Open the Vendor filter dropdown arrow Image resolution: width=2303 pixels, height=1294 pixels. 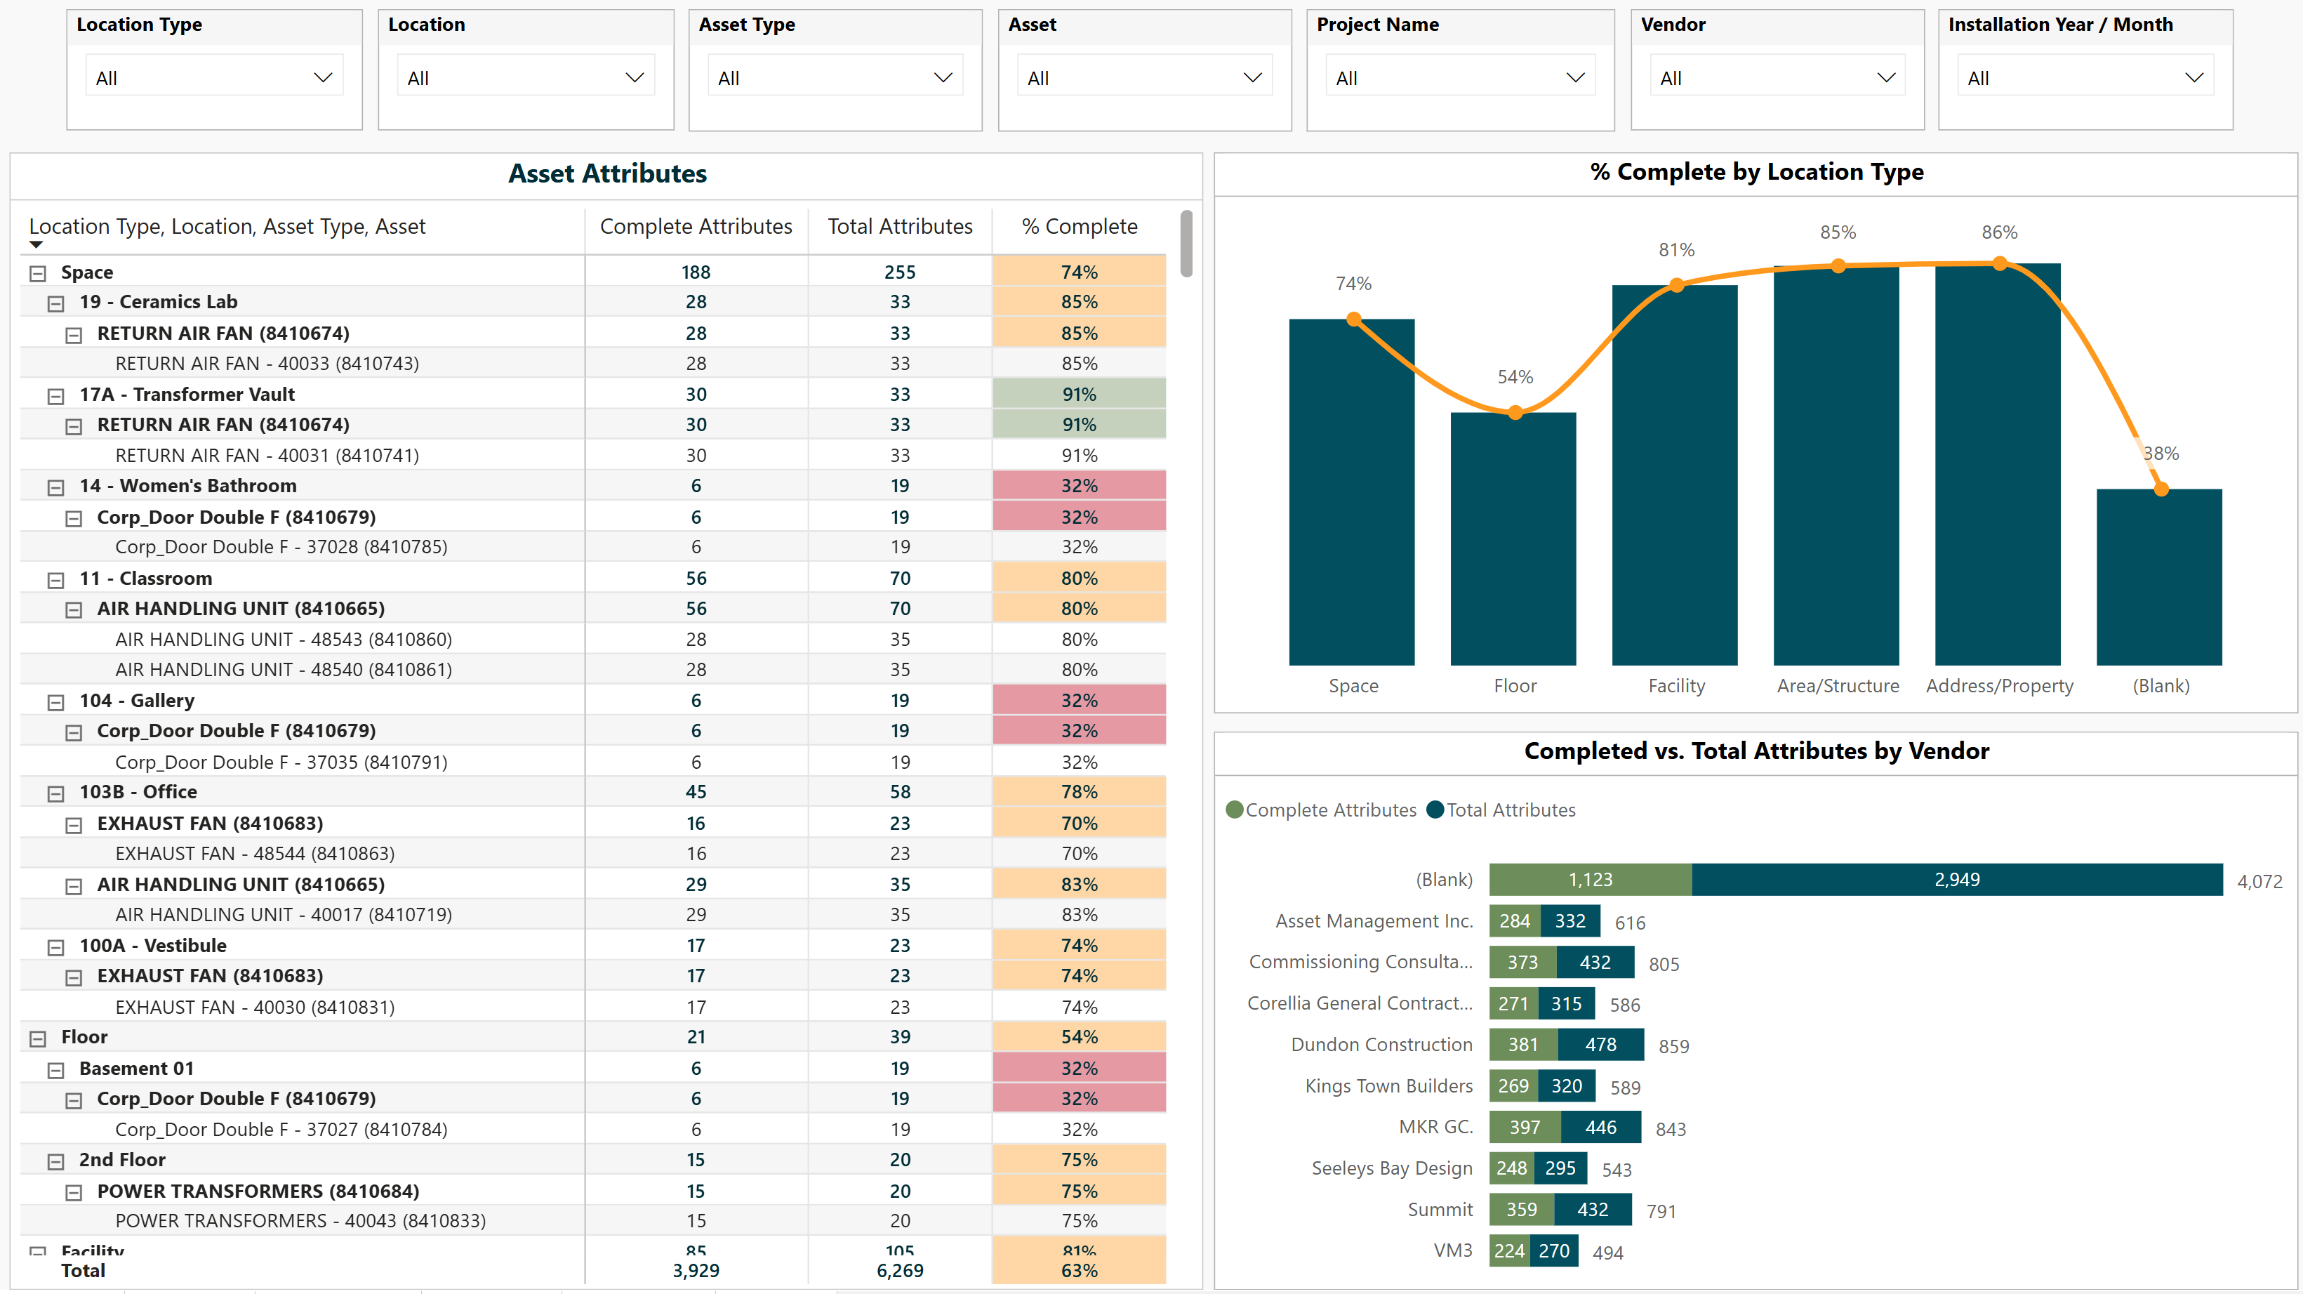click(1885, 78)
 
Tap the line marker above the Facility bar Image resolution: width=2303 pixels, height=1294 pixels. click(1676, 285)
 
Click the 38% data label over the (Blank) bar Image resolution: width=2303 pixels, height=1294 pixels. click(2161, 454)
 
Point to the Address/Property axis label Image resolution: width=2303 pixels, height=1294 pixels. click(1999, 686)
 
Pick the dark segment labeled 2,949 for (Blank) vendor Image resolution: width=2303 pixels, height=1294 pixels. click(1956, 880)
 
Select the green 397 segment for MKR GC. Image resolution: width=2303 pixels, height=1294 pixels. click(1525, 1127)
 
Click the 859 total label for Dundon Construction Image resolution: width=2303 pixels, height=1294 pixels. click(1673, 1046)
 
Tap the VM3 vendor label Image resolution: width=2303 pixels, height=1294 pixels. click(1453, 1250)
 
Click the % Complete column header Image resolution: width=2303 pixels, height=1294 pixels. click(1079, 227)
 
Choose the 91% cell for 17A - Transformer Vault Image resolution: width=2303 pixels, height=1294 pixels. click(1079, 395)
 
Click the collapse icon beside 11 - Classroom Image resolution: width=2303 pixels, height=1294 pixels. click(55, 579)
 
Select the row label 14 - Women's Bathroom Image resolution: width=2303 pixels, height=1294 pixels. click(187, 486)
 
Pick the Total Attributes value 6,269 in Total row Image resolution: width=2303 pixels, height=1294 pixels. click(899, 1271)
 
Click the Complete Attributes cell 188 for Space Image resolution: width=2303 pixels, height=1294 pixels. click(696, 272)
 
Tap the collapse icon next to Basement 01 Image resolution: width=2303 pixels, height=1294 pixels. click(55, 1069)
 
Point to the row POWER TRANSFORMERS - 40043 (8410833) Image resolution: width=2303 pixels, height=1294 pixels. click(300, 1221)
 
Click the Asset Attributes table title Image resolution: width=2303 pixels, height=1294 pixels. click(607, 173)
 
